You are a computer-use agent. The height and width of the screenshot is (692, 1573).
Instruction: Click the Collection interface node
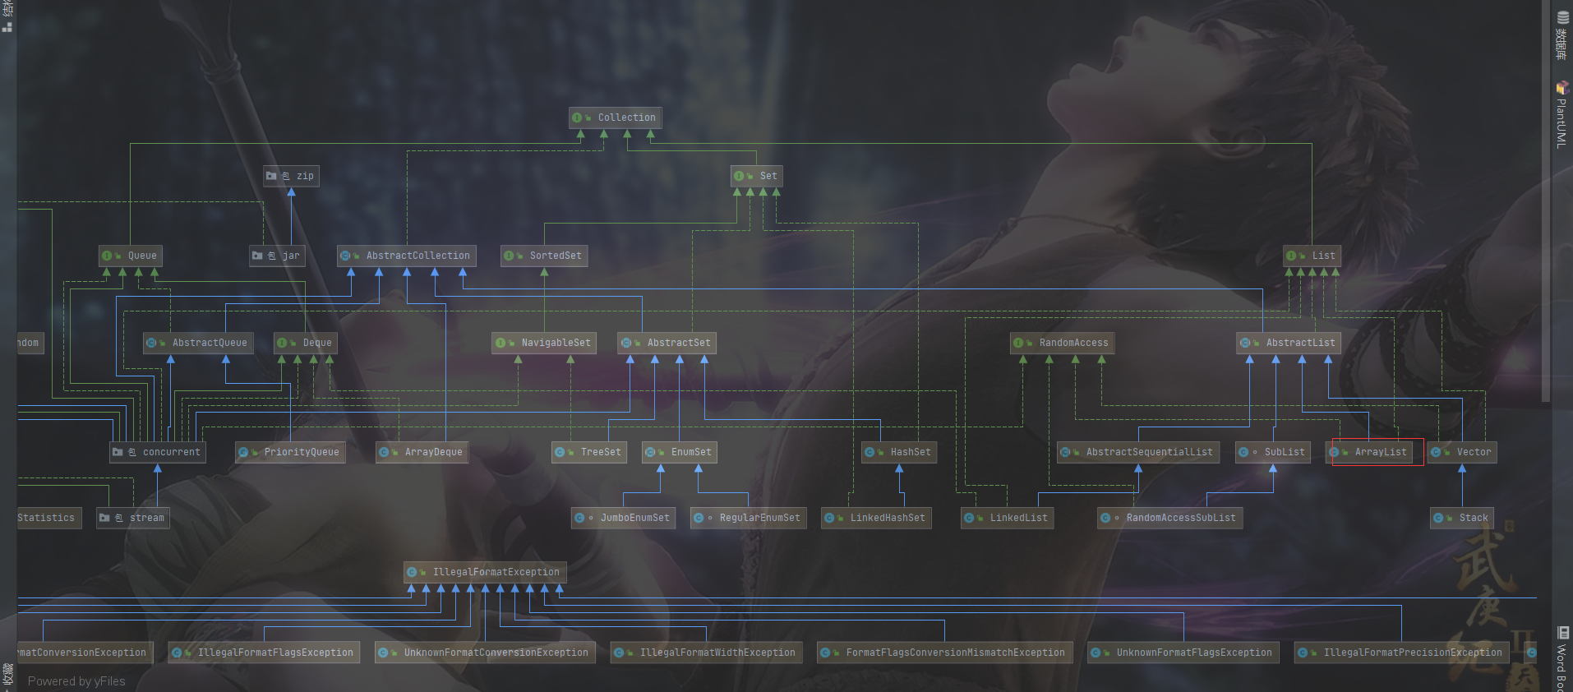[616, 118]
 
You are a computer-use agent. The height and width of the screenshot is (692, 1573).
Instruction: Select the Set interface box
[756, 176]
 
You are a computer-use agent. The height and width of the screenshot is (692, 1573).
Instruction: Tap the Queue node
[131, 256]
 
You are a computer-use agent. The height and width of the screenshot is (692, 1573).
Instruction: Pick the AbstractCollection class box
[407, 256]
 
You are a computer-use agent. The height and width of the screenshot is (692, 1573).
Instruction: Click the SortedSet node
[544, 256]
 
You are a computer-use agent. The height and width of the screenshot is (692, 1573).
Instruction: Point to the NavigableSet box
[544, 343]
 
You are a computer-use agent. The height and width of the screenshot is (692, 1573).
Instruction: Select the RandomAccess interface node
[1062, 343]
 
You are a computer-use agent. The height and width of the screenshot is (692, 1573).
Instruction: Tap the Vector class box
[1462, 452]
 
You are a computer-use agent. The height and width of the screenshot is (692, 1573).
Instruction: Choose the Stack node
[1462, 518]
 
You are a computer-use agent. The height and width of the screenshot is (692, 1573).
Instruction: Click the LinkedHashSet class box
[876, 518]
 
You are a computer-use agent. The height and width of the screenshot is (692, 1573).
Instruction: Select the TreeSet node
[589, 452]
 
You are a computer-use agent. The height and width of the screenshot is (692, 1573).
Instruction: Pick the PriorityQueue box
[290, 452]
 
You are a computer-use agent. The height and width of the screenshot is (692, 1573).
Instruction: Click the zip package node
[291, 176]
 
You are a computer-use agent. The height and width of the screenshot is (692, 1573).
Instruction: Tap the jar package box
[278, 256]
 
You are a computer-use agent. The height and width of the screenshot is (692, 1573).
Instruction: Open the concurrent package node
[158, 452]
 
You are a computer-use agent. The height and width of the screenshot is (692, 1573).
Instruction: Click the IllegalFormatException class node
[485, 572]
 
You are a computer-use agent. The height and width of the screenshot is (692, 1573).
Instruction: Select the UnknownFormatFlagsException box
[1183, 653]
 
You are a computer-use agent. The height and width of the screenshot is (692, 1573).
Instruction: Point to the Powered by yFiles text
[76, 681]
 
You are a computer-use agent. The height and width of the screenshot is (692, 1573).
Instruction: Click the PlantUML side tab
[1561, 115]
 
